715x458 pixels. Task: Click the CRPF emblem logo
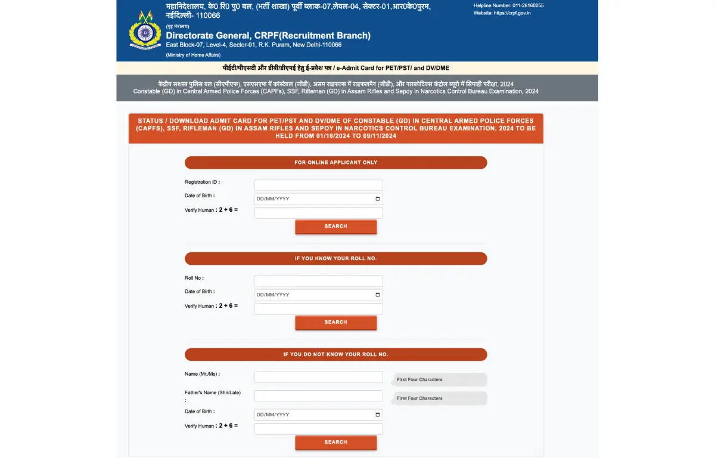click(145, 30)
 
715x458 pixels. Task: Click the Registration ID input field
click(318, 185)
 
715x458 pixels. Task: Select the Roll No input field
click(318, 281)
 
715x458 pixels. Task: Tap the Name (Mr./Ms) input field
click(318, 377)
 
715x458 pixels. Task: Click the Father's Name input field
click(318, 395)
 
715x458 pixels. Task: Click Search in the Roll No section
click(335, 322)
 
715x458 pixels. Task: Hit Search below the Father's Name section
click(335, 442)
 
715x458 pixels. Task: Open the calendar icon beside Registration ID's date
click(377, 199)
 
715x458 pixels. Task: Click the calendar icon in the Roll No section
click(377, 295)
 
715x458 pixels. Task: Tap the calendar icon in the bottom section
click(377, 414)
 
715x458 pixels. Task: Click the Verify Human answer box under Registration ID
click(318, 213)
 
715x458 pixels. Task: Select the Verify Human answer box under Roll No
click(318, 309)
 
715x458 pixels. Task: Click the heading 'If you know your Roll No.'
click(335, 258)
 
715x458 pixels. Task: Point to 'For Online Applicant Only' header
click(335, 162)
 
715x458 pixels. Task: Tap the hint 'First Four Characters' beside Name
click(419, 379)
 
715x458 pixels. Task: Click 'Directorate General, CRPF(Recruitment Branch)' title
click(268, 35)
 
